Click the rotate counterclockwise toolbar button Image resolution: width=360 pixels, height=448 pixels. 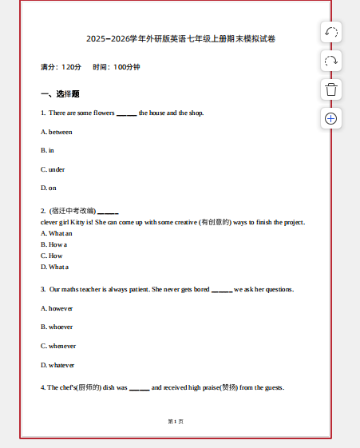pos(331,33)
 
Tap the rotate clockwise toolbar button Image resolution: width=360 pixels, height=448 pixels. pos(331,61)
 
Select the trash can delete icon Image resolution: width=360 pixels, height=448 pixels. pos(331,89)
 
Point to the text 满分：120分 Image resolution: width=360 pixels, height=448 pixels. pos(61,66)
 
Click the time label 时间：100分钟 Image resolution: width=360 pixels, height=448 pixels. pos(117,66)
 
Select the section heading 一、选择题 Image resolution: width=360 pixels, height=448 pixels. pos(60,93)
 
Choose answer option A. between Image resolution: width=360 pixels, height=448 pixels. pos(57,132)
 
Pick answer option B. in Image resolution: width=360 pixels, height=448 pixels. pos(48,150)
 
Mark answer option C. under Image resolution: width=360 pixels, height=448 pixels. pos(53,169)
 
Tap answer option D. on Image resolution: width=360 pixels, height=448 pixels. pos(49,188)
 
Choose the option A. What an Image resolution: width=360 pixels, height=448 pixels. pos(56,233)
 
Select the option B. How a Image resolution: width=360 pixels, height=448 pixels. pos(53,244)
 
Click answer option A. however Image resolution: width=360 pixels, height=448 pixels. pos(57,307)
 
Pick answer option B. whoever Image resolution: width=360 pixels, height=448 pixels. pos(57,327)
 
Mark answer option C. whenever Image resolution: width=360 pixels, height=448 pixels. pos(58,346)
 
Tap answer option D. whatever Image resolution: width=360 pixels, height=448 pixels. pos(57,365)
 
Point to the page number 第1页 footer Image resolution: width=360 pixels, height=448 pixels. pos(176,421)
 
